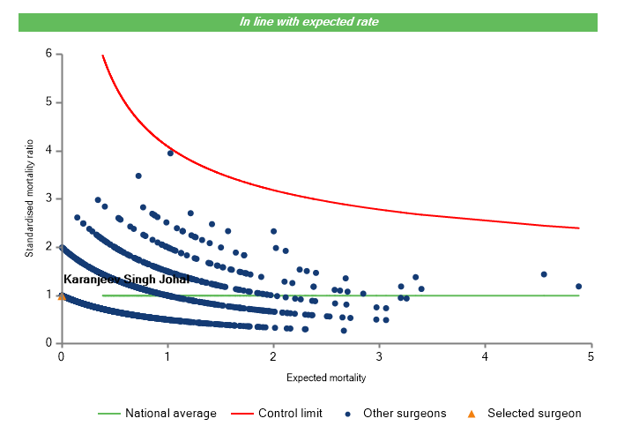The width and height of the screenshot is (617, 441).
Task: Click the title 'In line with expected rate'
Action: (x=308, y=21)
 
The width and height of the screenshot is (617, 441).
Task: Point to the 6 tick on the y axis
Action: (x=58, y=54)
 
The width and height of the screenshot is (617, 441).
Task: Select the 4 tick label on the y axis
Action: (x=49, y=151)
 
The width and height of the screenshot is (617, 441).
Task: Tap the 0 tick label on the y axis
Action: (x=49, y=343)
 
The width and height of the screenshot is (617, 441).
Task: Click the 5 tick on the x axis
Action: (x=591, y=346)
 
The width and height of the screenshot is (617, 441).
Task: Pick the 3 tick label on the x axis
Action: (x=379, y=356)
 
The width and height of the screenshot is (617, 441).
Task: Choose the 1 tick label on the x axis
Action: (x=167, y=356)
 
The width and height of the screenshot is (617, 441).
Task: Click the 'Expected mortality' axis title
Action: (x=326, y=377)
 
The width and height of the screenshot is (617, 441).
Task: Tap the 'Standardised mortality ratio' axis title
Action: (x=29, y=198)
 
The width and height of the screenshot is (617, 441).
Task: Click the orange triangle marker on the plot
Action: (x=61, y=296)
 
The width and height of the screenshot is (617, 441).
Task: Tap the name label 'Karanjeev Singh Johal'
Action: (x=126, y=280)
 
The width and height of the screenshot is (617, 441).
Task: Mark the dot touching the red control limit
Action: (x=170, y=153)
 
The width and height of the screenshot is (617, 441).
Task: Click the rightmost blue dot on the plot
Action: (x=578, y=287)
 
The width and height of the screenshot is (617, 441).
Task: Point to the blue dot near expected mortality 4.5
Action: (x=544, y=274)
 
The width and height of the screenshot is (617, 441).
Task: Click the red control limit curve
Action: (x=353, y=202)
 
